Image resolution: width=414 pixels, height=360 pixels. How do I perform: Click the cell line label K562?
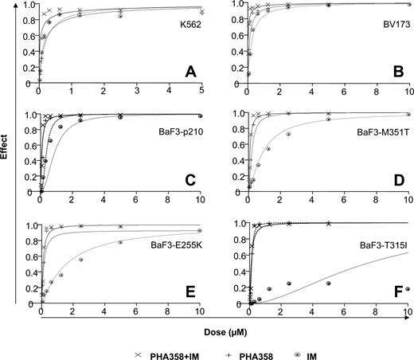click(x=188, y=37)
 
